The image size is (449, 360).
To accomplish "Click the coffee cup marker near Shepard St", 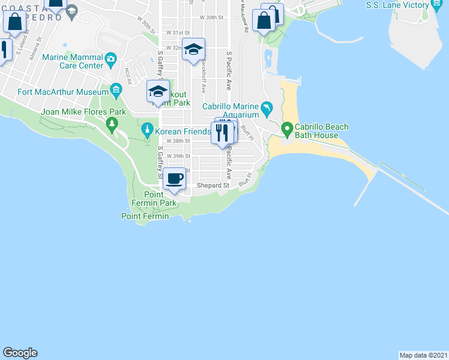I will (174, 179).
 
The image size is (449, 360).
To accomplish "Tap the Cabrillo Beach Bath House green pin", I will (287, 128).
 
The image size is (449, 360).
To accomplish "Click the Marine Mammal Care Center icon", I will (110, 58).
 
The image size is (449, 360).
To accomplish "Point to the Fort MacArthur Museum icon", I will (116, 92).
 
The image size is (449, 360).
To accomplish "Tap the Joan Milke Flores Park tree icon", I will (112, 125).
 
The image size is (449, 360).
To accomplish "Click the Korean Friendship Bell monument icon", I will (147, 130).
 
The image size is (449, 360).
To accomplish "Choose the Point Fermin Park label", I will (161, 199).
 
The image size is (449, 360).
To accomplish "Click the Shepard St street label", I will (214, 186).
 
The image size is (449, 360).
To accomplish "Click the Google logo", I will (20, 353).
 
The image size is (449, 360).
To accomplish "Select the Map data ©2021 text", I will (424, 355).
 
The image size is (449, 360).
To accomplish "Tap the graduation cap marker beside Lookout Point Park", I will (158, 91).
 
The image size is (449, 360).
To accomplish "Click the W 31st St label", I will (178, 32).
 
